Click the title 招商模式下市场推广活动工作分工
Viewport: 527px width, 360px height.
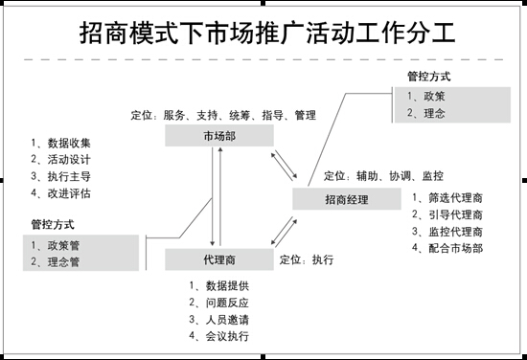(x=267, y=33)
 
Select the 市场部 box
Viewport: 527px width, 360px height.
(x=219, y=136)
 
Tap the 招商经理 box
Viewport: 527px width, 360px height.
(x=347, y=199)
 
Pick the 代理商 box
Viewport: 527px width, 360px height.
(x=219, y=259)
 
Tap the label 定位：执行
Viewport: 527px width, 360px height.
(x=307, y=259)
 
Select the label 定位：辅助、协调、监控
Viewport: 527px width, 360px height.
(x=383, y=175)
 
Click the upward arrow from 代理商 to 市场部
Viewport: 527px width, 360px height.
(x=220, y=196)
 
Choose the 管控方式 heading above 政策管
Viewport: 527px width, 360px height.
(x=53, y=224)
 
